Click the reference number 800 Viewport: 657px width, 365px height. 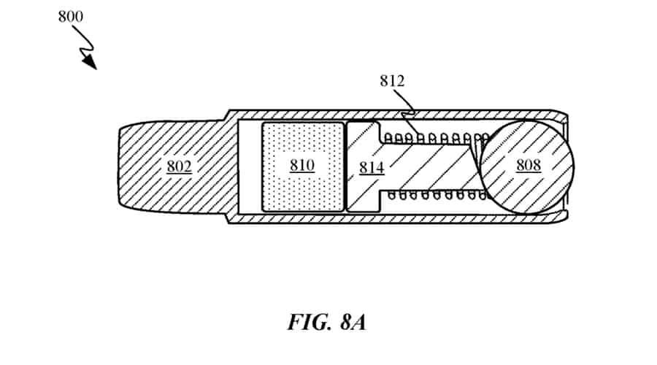tap(71, 15)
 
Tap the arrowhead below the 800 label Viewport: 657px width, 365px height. tap(90, 62)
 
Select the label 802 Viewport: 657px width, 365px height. tap(179, 166)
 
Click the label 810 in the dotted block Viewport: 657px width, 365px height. tap(301, 165)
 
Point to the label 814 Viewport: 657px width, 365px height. tap(372, 168)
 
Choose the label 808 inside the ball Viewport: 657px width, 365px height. tap(529, 165)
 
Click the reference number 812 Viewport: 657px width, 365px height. tap(392, 81)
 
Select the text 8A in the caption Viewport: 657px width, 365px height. tap(348, 321)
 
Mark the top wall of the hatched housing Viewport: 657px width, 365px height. tap(328, 115)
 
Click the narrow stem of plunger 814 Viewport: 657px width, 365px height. tap(431, 166)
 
